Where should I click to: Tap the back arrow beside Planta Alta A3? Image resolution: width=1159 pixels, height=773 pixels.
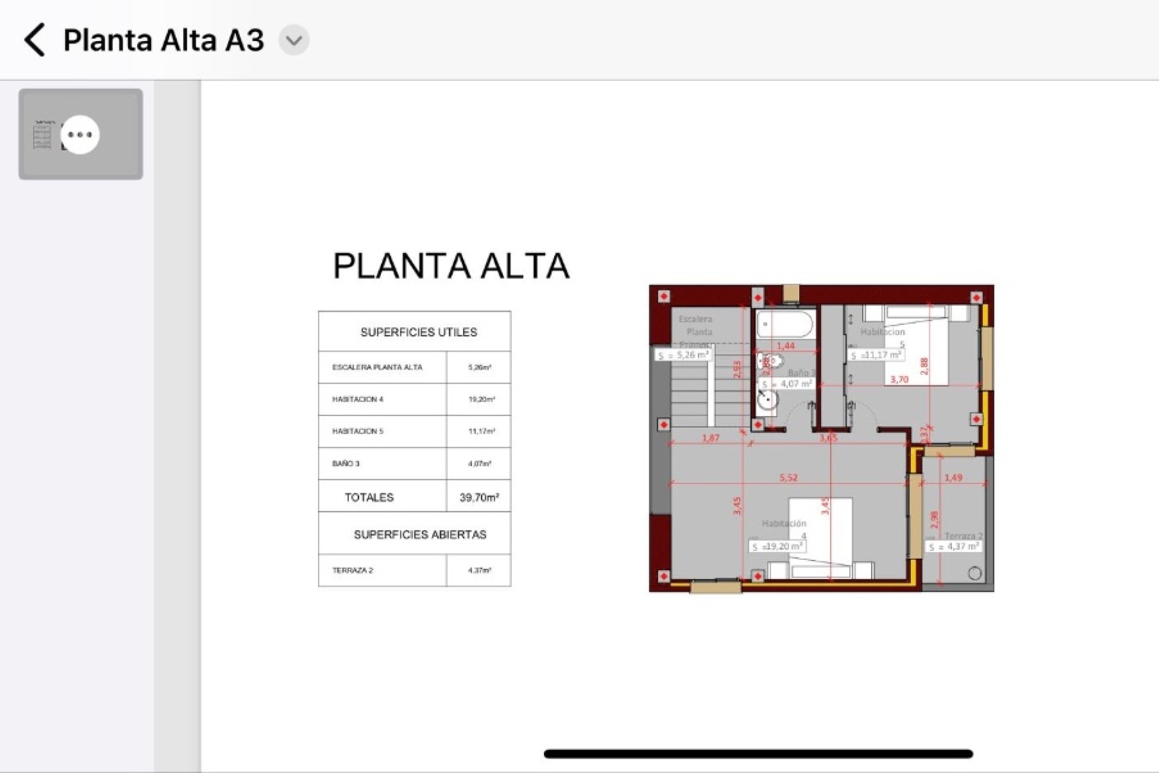click(35, 40)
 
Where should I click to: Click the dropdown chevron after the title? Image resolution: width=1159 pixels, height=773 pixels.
click(294, 40)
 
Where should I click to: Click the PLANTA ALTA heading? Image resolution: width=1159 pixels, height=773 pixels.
click(451, 266)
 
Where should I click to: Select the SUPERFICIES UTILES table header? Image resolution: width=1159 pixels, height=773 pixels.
click(418, 332)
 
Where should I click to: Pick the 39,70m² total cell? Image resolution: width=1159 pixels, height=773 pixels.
click(479, 498)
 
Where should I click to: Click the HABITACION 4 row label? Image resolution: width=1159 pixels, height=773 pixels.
click(357, 399)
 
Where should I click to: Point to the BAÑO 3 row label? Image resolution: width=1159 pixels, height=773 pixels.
click(345, 464)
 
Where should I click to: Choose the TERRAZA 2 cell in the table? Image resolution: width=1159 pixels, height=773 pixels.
click(353, 570)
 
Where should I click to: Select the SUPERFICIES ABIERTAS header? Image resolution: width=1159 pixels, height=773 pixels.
click(420, 534)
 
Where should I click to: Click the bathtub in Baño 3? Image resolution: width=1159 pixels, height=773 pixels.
click(785, 324)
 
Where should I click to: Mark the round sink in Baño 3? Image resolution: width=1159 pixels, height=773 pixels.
click(767, 400)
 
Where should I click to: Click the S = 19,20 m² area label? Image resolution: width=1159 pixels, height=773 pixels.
click(777, 547)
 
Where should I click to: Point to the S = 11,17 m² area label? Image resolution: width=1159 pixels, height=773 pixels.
click(876, 355)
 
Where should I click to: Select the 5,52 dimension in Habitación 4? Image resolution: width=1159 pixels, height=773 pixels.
click(788, 478)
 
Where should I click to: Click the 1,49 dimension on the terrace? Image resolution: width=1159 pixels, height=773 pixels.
click(953, 478)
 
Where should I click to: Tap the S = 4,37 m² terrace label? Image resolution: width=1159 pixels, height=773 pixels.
click(953, 547)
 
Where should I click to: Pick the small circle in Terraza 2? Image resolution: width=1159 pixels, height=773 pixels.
click(974, 574)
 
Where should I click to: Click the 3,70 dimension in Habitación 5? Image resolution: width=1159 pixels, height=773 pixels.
click(899, 379)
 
